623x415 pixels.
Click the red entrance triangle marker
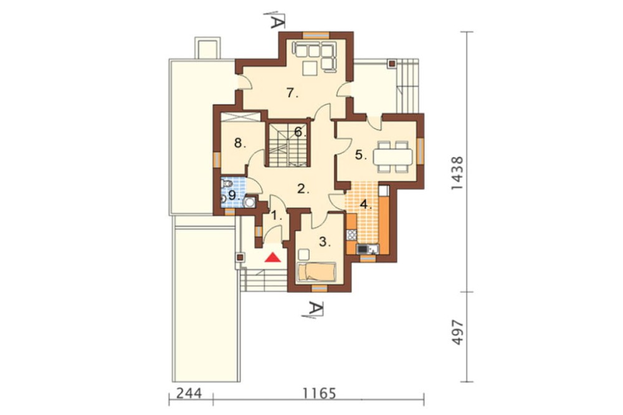point(273,257)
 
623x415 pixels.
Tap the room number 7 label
point(292,93)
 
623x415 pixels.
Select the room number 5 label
point(361,155)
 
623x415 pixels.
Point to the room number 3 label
point(325,242)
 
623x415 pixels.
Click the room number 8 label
point(240,143)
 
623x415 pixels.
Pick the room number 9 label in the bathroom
point(233,195)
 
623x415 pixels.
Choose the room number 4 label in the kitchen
point(366,205)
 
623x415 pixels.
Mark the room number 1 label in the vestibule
point(277,216)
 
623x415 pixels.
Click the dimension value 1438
point(457,173)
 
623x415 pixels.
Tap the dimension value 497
point(457,332)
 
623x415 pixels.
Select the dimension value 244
point(189,394)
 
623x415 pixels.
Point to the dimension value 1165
point(320,394)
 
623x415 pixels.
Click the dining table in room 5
point(392,156)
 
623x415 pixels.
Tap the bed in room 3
point(316,272)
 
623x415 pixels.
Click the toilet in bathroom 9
point(227,184)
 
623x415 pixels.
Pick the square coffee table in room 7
point(310,68)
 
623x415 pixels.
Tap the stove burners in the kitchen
point(351,234)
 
